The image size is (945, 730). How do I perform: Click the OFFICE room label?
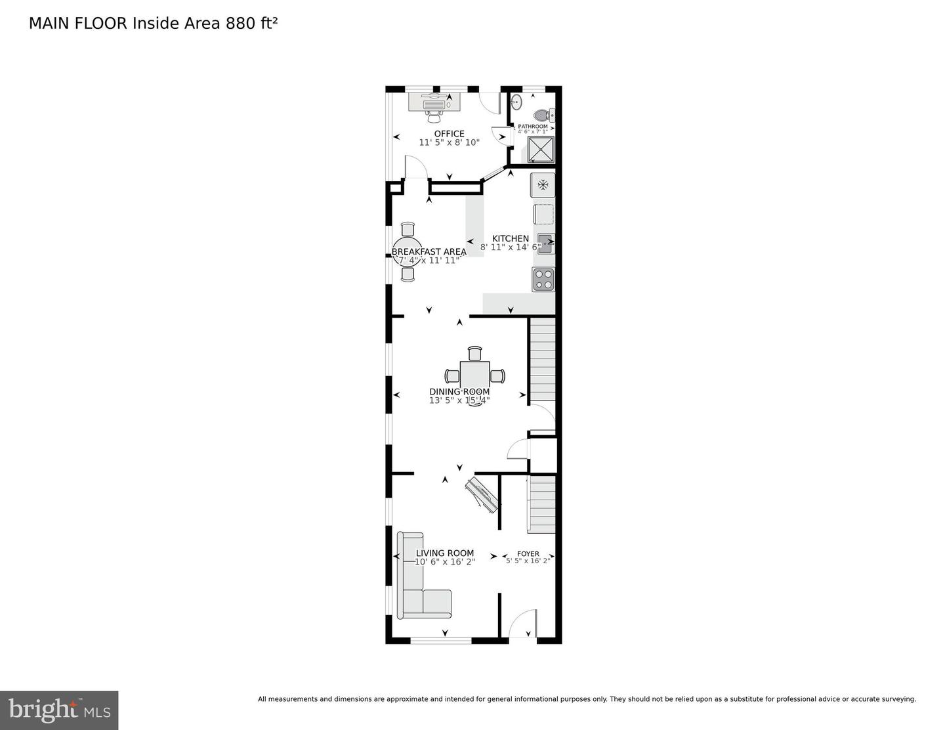tap(449, 134)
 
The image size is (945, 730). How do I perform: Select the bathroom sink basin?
tap(516, 102)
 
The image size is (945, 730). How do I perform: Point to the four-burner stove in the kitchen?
tap(543, 279)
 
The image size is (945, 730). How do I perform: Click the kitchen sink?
tap(545, 243)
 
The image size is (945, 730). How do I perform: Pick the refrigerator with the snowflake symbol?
tap(543, 184)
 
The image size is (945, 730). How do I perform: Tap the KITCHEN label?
tap(511, 238)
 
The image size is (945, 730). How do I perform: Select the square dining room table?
tap(474, 376)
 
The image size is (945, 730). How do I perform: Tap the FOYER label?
tap(528, 553)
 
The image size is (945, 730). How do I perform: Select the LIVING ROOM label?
tap(444, 553)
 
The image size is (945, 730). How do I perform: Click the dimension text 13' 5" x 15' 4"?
tap(459, 400)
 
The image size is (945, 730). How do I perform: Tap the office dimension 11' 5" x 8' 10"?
tap(449, 142)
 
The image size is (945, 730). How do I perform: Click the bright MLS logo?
tap(59, 710)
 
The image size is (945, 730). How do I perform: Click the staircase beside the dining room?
tap(543, 360)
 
